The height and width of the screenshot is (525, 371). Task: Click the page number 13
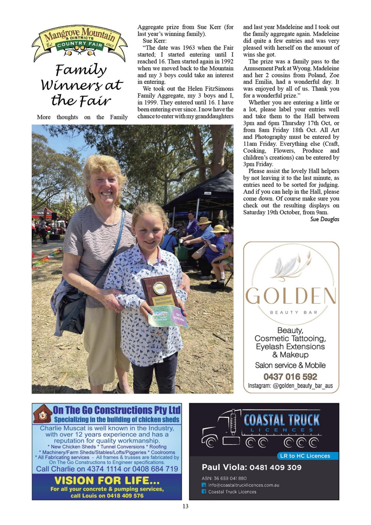coord(185,506)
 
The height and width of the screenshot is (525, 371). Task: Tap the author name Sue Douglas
coord(325,219)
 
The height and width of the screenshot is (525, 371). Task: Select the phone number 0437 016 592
coord(290,377)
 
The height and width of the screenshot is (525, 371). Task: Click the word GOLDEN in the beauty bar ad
coord(291,296)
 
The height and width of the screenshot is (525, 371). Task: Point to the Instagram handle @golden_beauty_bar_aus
coord(290,386)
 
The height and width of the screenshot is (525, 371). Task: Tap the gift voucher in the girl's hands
coord(168,317)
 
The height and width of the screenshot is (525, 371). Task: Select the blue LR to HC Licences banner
coord(308,456)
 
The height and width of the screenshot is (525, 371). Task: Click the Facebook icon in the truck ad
coord(204,491)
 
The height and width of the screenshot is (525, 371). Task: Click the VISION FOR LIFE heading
coord(107,480)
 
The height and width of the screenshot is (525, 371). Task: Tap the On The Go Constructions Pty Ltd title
coord(117,410)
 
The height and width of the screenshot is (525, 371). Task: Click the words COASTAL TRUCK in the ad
coord(281,420)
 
